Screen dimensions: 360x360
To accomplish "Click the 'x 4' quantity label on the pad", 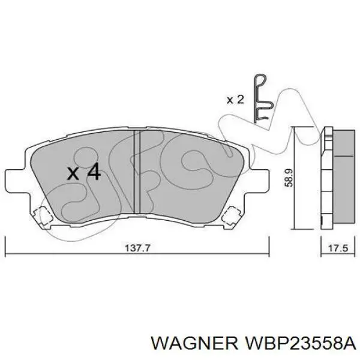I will click(x=83, y=173).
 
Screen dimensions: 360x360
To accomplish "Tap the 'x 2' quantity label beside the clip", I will click(x=235, y=100).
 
